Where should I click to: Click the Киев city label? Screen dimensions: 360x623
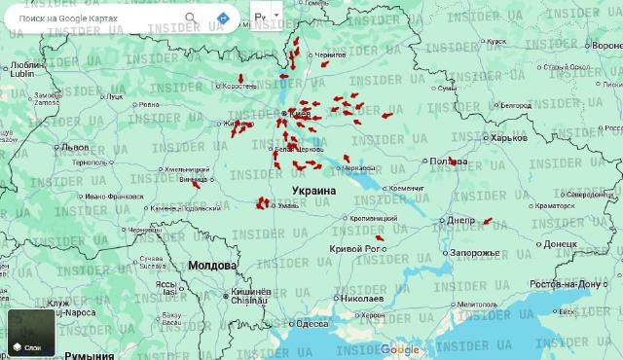coord(298,114)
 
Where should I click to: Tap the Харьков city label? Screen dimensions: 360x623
coord(508,138)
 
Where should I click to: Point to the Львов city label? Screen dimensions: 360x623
coord(74,147)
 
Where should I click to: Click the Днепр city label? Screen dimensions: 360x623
coord(460,220)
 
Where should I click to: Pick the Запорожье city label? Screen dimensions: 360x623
coord(474,253)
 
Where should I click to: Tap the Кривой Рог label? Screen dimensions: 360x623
coord(353,249)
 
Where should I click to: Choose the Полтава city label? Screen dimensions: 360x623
coord(448,161)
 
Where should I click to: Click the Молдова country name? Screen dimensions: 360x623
coord(212,265)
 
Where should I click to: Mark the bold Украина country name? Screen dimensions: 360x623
coord(313,192)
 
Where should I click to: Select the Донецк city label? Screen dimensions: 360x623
coord(560,243)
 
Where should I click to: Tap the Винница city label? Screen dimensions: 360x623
coord(194,179)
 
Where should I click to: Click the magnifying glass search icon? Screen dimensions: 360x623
coord(191,18)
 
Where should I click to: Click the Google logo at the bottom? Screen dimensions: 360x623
coord(399,350)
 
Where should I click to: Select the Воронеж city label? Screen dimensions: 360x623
coord(603,46)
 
